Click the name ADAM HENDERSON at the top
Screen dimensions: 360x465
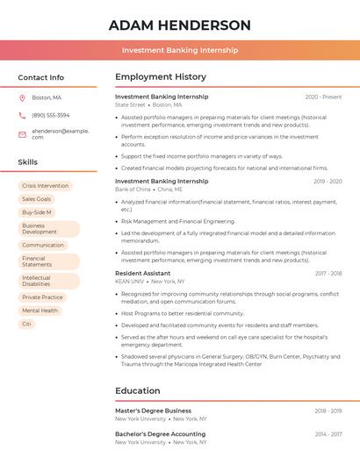pos(180,25)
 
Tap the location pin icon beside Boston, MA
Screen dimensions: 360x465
pos(22,97)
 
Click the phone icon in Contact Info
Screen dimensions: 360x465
pos(22,115)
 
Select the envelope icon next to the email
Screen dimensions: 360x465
pos(22,133)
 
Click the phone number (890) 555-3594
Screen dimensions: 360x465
pos(50,115)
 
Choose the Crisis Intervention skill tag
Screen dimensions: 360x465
pos(45,186)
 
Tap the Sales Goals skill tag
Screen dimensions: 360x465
pos(37,199)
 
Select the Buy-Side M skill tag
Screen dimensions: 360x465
pos(37,212)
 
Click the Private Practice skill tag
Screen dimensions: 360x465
pos(42,297)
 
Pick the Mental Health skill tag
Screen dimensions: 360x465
pos(40,311)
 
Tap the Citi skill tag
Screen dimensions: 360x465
pos(26,324)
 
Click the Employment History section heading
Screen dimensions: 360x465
pos(161,77)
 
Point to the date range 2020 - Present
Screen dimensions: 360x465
pos(323,97)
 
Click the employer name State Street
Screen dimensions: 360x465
pos(130,104)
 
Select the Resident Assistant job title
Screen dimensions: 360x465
pos(143,273)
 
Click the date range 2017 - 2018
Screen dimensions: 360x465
pos(328,273)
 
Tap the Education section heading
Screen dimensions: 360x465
pos(138,390)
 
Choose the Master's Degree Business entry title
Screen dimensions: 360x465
pos(153,411)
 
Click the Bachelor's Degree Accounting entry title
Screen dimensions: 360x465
pos(160,433)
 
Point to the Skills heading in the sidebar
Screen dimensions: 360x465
pos(28,162)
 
